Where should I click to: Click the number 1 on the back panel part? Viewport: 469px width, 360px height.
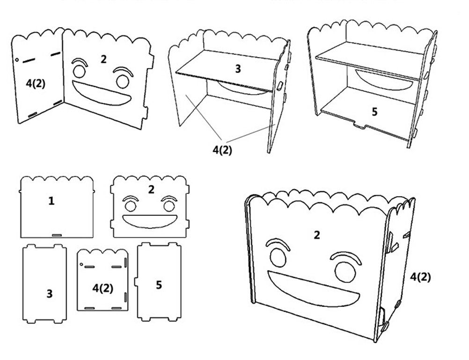click(51, 201)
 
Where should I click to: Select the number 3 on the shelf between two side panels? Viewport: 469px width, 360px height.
click(238, 69)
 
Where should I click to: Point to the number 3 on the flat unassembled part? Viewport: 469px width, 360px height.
click(49, 294)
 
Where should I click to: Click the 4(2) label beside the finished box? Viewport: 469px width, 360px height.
click(420, 277)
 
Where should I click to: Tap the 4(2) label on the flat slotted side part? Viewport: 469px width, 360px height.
click(103, 288)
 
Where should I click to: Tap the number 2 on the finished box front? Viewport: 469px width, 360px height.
click(317, 235)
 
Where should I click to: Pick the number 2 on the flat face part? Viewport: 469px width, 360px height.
click(151, 190)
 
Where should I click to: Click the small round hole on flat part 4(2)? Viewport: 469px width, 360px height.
click(81, 265)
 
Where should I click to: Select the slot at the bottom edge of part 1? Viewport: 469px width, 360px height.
click(56, 234)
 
